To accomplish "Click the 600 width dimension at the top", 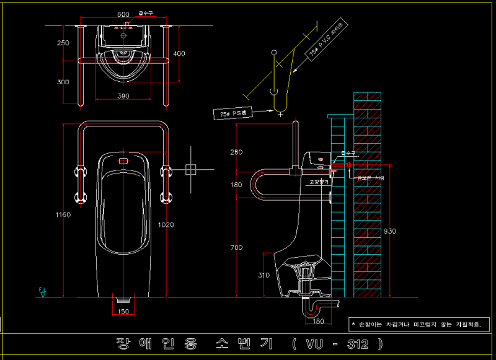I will [123, 14].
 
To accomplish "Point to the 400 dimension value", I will [179, 54].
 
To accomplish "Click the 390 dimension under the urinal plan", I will [123, 96].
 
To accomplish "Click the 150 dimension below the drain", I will [123, 312].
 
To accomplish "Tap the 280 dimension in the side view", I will [236, 152].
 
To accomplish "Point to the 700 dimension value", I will [236, 248].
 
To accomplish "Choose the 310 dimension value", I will [264, 275].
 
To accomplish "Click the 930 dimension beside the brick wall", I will [389, 231].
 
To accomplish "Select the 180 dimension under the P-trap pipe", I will [318, 321].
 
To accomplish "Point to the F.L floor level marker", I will [42, 292].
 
